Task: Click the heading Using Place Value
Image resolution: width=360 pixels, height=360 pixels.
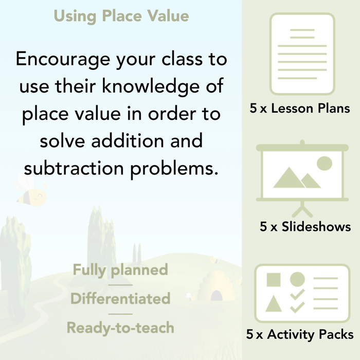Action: [121, 16]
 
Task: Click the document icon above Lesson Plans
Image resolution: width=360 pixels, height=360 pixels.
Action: [302, 53]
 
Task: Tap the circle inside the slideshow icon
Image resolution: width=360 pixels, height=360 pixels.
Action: [324, 164]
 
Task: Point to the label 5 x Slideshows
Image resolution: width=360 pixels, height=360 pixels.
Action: [305, 226]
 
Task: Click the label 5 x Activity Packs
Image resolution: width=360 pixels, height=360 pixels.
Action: [300, 334]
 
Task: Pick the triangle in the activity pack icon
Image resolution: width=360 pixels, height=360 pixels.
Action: [274, 303]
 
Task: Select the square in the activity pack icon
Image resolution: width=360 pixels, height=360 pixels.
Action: [274, 280]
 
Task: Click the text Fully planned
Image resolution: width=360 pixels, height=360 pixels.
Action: [120, 270]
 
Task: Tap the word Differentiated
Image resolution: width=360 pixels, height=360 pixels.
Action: [120, 299]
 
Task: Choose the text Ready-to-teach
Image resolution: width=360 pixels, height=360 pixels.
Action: [120, 328]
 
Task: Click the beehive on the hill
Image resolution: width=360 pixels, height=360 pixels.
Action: [213, 288]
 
